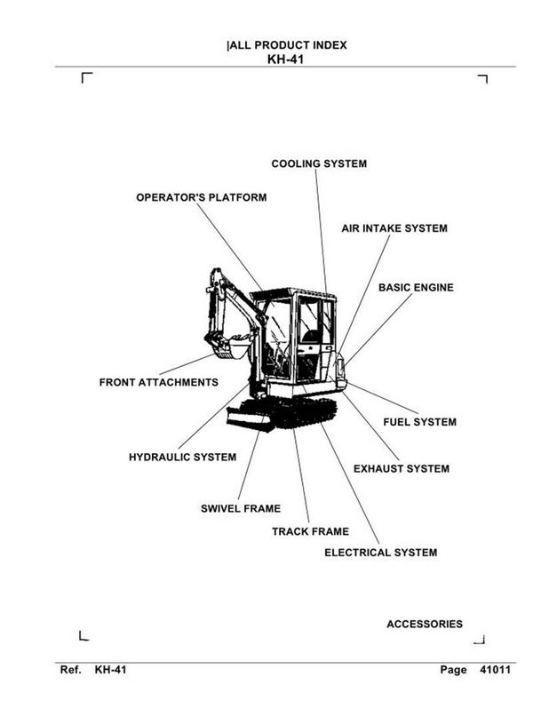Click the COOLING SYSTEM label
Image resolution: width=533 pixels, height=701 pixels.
pyautogui.click(x=318, y=163)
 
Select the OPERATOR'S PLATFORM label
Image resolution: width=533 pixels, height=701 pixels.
pyautogui.click(x=201, y=197)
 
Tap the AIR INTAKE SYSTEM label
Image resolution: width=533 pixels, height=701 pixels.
pyautogui.click(x=394, y=228)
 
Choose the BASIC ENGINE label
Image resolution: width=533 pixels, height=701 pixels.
pyautogui.click(x=416, y=288)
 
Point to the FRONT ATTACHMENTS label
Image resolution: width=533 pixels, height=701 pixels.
pyautogui.click(x=158, y=382)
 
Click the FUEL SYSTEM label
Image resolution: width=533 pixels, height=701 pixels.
pyautogui.click(x=419, y=422)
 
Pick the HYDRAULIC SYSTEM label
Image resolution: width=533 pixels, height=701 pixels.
pyautogui.click(x=183, y=457)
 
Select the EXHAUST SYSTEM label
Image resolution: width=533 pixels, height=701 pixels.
pyautogui.click(x=402, y=468)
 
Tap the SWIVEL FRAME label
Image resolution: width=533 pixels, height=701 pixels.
pyautogui.click(x=241, y=509)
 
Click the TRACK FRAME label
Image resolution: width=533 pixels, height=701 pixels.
pyautogui.click(x=310, y=532)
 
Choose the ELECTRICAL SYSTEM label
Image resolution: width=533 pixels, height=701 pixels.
pyautogui.click(x=380, y=553)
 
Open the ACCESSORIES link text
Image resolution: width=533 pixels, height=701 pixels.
pyautogui.click(x=425, y=625)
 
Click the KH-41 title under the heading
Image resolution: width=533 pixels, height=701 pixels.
pyautogui.click(x=286, y=60)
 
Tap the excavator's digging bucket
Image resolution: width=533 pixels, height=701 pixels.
pyautogui.click(x=228, y=347)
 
